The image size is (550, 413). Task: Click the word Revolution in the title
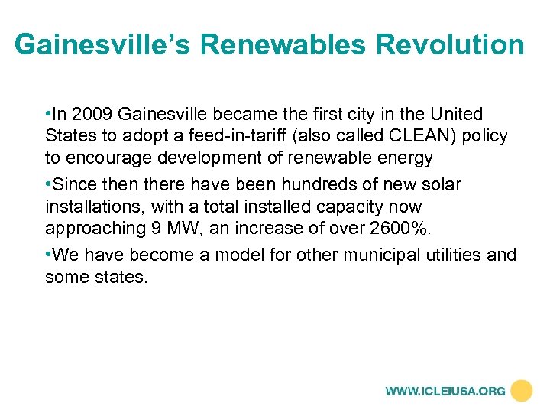click(x=451, y=44)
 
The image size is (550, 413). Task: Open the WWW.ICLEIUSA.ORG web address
click(x=445, y=391)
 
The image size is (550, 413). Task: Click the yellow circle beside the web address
click(x=522, y=391)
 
